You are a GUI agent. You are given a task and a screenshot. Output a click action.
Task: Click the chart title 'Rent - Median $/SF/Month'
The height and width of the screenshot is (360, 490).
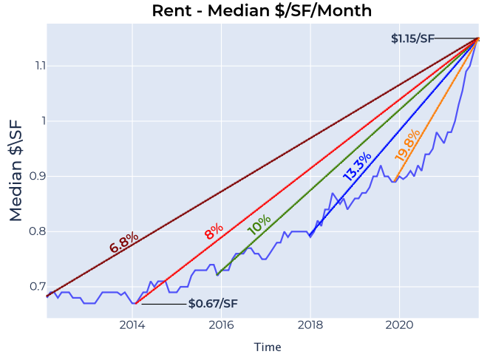(262, 10)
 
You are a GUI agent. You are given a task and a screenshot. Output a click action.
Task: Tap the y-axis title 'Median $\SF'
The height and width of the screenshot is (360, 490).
(16, 171)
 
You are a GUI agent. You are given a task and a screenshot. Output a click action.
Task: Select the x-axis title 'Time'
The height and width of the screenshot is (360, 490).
(268, 347)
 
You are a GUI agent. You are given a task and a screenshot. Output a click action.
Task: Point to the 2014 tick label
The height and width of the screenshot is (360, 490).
(132, 325)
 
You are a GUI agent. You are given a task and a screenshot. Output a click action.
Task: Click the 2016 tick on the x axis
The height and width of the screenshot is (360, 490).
(221, 325)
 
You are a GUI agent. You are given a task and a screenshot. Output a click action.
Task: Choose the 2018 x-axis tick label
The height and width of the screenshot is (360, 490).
(310, 325)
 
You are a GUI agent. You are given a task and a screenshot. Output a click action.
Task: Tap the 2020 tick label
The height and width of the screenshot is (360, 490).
(399, 325)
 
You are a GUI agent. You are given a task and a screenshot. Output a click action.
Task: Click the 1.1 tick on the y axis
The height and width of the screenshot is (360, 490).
(41, 66)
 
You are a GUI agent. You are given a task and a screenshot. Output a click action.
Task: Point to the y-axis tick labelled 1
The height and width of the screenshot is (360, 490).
(44, 121)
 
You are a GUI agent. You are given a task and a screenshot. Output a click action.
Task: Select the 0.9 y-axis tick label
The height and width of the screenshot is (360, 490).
(37, 176)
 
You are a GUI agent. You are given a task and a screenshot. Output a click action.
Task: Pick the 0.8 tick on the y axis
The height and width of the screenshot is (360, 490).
(37, 231)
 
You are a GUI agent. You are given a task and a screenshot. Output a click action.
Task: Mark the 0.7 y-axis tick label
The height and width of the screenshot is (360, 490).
(38, 287)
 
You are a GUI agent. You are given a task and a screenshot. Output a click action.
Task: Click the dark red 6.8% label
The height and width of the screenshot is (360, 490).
(123, 242)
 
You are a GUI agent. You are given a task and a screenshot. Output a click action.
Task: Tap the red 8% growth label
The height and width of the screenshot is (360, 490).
(214, 231)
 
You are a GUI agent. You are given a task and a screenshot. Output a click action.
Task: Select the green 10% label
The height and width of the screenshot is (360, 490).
(259, 225)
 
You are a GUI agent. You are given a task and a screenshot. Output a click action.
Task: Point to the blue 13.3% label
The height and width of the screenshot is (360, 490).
(357, 166)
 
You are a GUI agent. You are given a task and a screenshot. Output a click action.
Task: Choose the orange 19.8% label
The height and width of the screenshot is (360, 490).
(407, 146)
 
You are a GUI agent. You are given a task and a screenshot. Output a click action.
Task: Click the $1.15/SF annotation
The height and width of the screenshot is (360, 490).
(412, 38)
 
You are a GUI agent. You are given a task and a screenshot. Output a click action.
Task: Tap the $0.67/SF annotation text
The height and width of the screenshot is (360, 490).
(213, 303)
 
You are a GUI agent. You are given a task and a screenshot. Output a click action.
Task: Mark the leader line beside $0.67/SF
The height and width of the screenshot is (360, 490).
(164, 304)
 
